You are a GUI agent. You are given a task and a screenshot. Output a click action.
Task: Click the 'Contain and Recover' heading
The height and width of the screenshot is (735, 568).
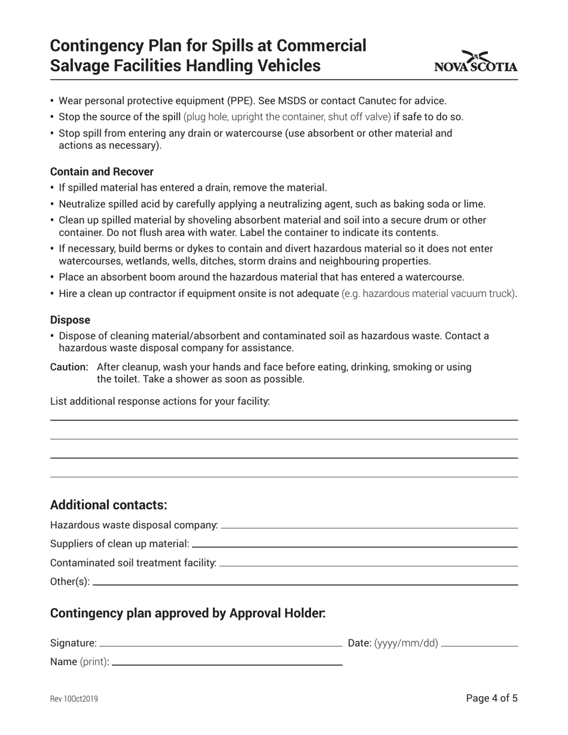[102, 171]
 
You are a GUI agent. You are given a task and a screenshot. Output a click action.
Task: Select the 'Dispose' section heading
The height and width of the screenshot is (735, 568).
[70, 320]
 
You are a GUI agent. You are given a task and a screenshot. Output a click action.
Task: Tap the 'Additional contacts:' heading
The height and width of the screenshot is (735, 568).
[108, 505]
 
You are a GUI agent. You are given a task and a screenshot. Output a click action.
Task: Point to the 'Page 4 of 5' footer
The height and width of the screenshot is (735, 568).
[491, 698]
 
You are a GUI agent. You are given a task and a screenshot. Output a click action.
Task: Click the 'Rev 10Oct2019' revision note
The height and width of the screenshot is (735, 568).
[74, 699]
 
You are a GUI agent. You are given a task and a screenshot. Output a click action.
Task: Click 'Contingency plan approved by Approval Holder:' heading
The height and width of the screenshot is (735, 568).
[188, 614]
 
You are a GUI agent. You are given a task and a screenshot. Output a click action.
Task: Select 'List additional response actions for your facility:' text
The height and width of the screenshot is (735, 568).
[160, 401]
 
